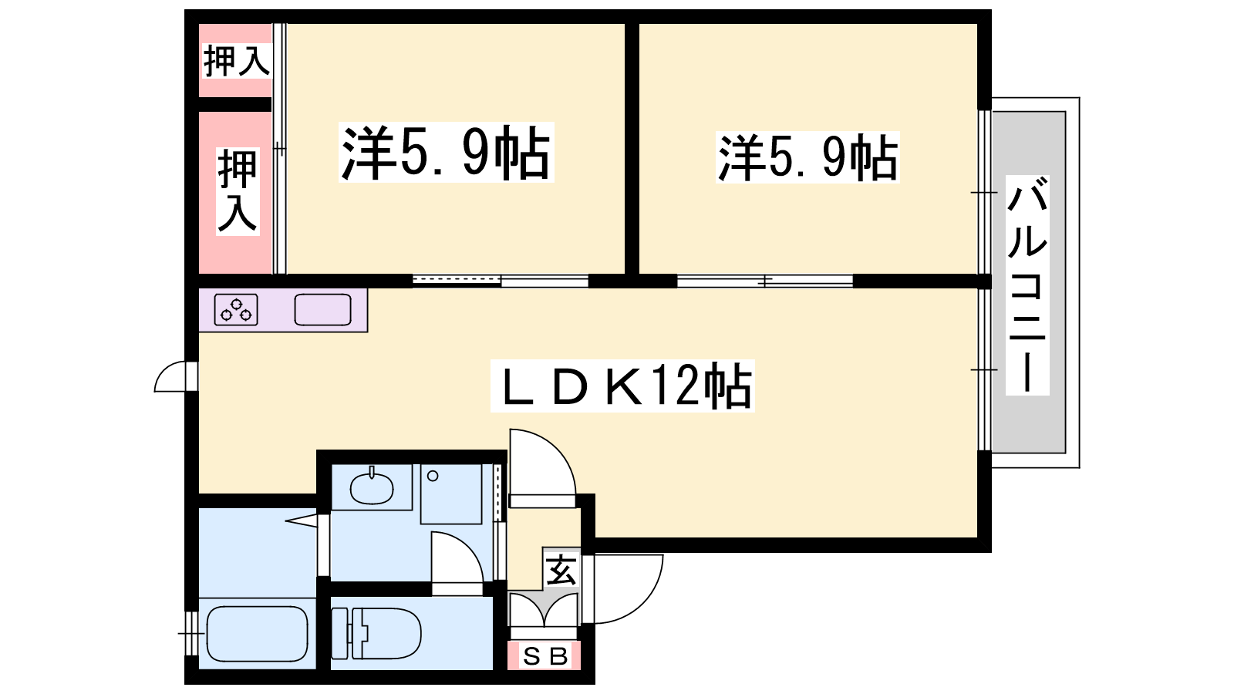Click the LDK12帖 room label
point(622,386)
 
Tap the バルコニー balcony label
point(1027,285)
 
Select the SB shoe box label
point(545,656)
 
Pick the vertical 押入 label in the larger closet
point(238,191)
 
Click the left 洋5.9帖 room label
point(447,152)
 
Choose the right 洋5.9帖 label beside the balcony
point(807,157)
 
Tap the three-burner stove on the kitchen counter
point(236,309)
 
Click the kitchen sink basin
point(323,309)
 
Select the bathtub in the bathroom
point(257,633)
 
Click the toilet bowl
point(377,633)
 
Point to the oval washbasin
point(371,487)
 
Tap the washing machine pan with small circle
point(451,494)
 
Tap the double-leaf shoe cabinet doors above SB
point(544,610)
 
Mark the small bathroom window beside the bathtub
point(190,633)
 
